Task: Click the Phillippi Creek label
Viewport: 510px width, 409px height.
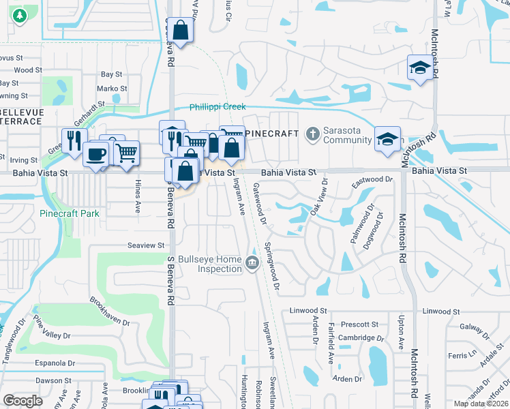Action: tap(217, 107)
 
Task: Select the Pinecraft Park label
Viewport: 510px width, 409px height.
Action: tap(70, 213)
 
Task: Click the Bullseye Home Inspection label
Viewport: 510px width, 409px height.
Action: tap(215, 264)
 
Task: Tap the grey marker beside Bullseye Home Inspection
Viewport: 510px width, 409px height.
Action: tap(253, 263)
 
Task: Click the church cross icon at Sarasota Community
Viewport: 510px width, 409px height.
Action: tap(313, 133)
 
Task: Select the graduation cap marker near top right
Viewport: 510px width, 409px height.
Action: tap(420, 67)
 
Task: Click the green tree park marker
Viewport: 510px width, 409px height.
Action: tap(18, 14)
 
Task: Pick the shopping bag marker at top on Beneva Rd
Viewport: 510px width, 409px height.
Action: tap(181, 31)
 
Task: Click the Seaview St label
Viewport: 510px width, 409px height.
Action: tap(147, 245)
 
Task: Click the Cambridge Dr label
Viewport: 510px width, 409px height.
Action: tap(356, 337)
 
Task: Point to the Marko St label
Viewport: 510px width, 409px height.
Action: tap(112, 89)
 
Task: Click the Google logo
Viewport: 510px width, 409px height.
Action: tap(23, 401)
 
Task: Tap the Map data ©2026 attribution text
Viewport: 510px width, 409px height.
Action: tap(481, 404)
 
